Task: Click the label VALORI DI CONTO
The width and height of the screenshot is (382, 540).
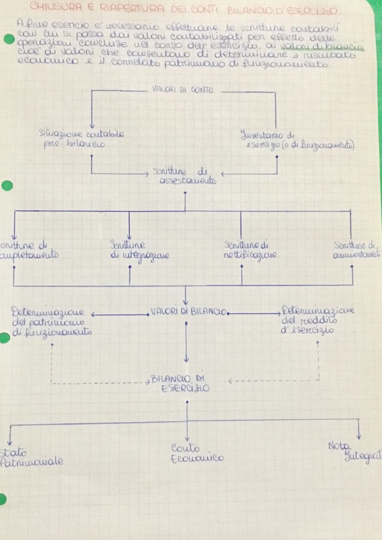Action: (182, 90)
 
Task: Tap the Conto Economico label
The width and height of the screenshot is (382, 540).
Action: (185, 453)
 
